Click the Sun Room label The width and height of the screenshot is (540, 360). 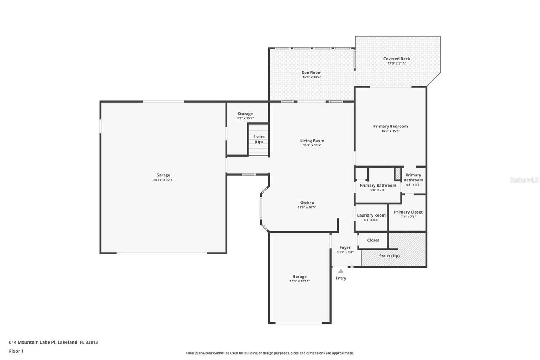pos(311,73)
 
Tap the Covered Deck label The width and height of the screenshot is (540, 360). pos(396,59)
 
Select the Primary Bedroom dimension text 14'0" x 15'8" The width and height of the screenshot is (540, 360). pos(390,131)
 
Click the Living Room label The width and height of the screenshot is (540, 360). pos(312,141)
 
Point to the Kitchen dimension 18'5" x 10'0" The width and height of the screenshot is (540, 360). pos(307,208)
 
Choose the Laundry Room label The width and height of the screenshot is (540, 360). pos(371,215)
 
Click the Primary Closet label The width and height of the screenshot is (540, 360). pos(408,212)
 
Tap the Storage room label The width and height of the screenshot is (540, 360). pos(245,114)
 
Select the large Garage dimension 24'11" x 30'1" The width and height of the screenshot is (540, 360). pos(163,180)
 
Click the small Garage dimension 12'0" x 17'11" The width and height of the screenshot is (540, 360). pos(300,281)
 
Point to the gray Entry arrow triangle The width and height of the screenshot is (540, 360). pos(341,271)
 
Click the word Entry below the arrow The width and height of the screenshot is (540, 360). pos(341,278)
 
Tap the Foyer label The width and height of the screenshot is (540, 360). pos(345,248)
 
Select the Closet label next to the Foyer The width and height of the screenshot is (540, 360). pos(373,240)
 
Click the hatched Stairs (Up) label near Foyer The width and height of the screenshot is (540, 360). pos(389,256)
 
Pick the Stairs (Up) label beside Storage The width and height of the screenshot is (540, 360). pos(258,139)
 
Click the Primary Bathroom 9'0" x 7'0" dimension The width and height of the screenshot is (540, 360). pos(378,190)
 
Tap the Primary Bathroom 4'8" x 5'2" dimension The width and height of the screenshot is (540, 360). pos(413,185)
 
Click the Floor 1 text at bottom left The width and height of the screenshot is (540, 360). pos(16,351)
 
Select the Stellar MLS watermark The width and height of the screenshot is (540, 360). pos(524,180)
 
